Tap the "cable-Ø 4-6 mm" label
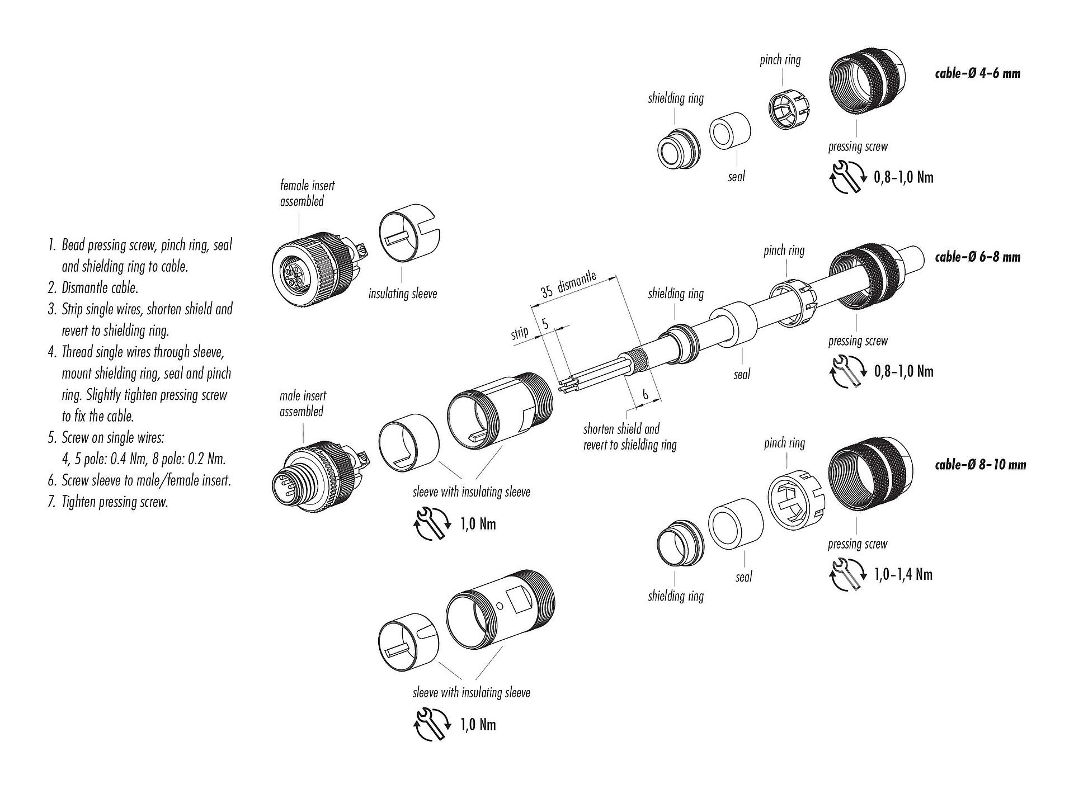click(977, 73)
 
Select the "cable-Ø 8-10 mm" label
click(980, 464)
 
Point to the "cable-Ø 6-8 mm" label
click(977, 257)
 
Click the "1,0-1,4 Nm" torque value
click(903, 574)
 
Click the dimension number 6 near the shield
click(645, 395)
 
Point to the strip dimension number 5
click(545, 323)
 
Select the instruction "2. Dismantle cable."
click(93, 287)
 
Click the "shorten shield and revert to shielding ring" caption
click(629, 437)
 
